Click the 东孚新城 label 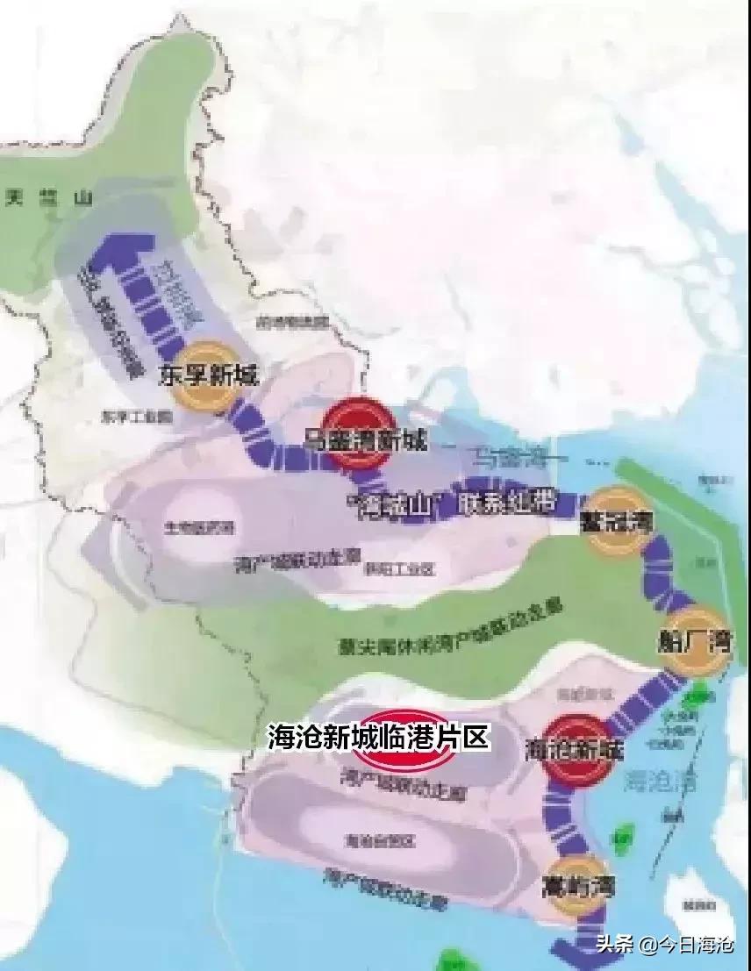[209, 375]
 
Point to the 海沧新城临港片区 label [378, 737]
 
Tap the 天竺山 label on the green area [47, 199]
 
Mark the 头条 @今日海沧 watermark [666, 945]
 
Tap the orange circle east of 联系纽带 [618, 522]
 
